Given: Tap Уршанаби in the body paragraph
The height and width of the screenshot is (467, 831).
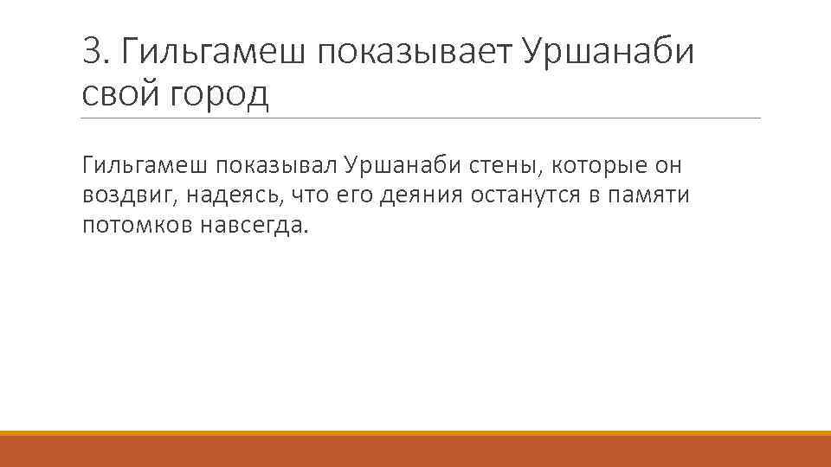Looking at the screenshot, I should pos(396,164).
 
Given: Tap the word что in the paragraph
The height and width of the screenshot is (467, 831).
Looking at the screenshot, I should pos(309,195).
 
